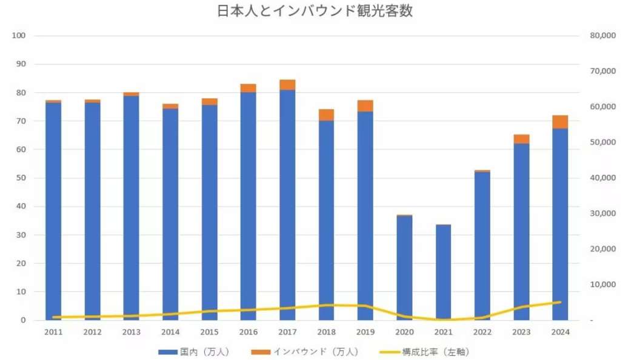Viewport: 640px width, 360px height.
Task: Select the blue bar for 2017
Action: click(x=287, y=206)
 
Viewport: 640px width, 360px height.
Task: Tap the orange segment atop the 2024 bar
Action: click(x=560, y=122)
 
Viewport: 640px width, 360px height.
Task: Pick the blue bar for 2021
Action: click(x=443, y=273)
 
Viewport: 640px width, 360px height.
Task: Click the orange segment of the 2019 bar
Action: click(x=365, y=106)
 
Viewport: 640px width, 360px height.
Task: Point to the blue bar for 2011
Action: click(x=53, y=212)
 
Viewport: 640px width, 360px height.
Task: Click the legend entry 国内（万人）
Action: click(x=193, y=352)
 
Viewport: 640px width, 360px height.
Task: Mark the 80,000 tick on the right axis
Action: click(x=602, y=36)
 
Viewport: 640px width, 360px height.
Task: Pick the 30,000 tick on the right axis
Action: click(x=602, y=213)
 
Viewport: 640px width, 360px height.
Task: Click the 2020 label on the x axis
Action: click(x=404, y=332)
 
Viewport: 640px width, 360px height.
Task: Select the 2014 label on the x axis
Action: click(x=170, y=332)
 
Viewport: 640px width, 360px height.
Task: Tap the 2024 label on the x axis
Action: click(x=560, y=332)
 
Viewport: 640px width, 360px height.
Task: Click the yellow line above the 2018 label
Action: click(x=326, y=305)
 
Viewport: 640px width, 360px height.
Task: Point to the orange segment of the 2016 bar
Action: click(x=248, y=88)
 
